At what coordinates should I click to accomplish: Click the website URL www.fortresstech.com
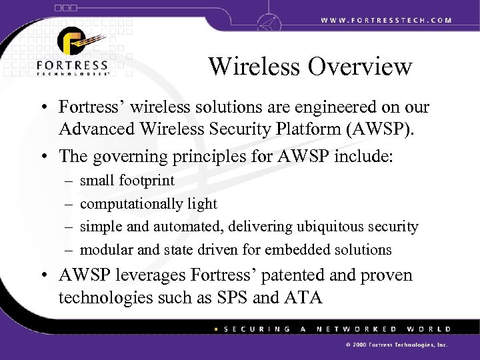tap(386, 20)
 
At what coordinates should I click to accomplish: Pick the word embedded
tap(295, 250)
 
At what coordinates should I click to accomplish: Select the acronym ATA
tap(303, 296)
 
